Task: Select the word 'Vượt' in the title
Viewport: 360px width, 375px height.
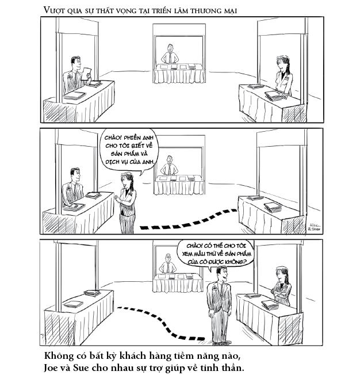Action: (53, 10)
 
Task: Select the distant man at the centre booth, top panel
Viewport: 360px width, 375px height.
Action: (168, 55)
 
